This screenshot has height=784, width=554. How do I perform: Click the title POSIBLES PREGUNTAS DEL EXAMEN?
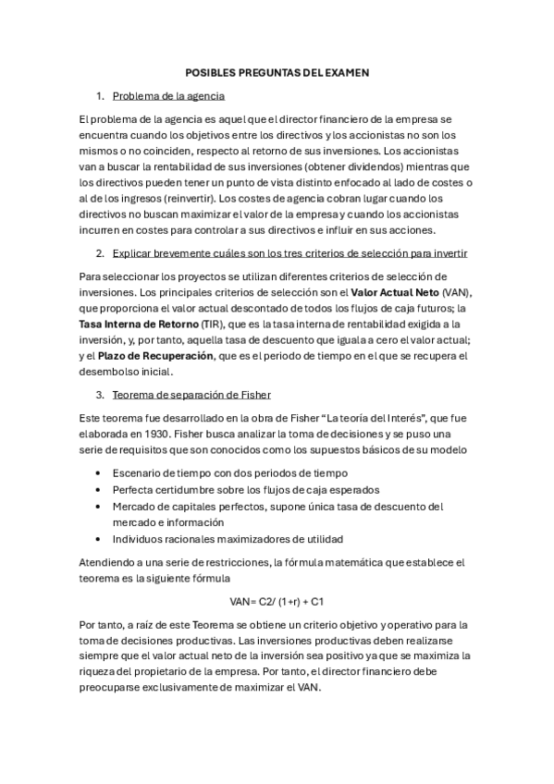[277, 71]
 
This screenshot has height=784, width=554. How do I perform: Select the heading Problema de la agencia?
[168, 96]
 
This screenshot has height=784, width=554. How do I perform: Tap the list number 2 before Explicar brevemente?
[100, 252]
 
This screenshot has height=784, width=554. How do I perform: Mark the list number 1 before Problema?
[100, 96]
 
